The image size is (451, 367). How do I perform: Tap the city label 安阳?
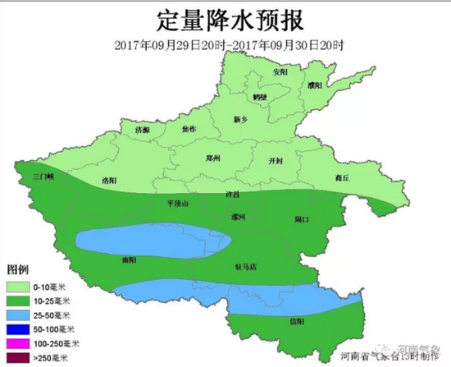(x=280, y=72)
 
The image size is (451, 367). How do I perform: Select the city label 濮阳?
(x=312, y=85)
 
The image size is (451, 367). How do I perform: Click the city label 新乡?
(x=240, y=119)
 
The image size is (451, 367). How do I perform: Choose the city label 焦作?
(x=189, y=129)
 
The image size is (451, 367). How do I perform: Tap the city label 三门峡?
(x=42, y=176)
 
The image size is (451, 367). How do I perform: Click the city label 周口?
(x=301, y=219)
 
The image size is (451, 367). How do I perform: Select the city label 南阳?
(x=128, y=259)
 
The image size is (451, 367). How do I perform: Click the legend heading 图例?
(x=18, y=270)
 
